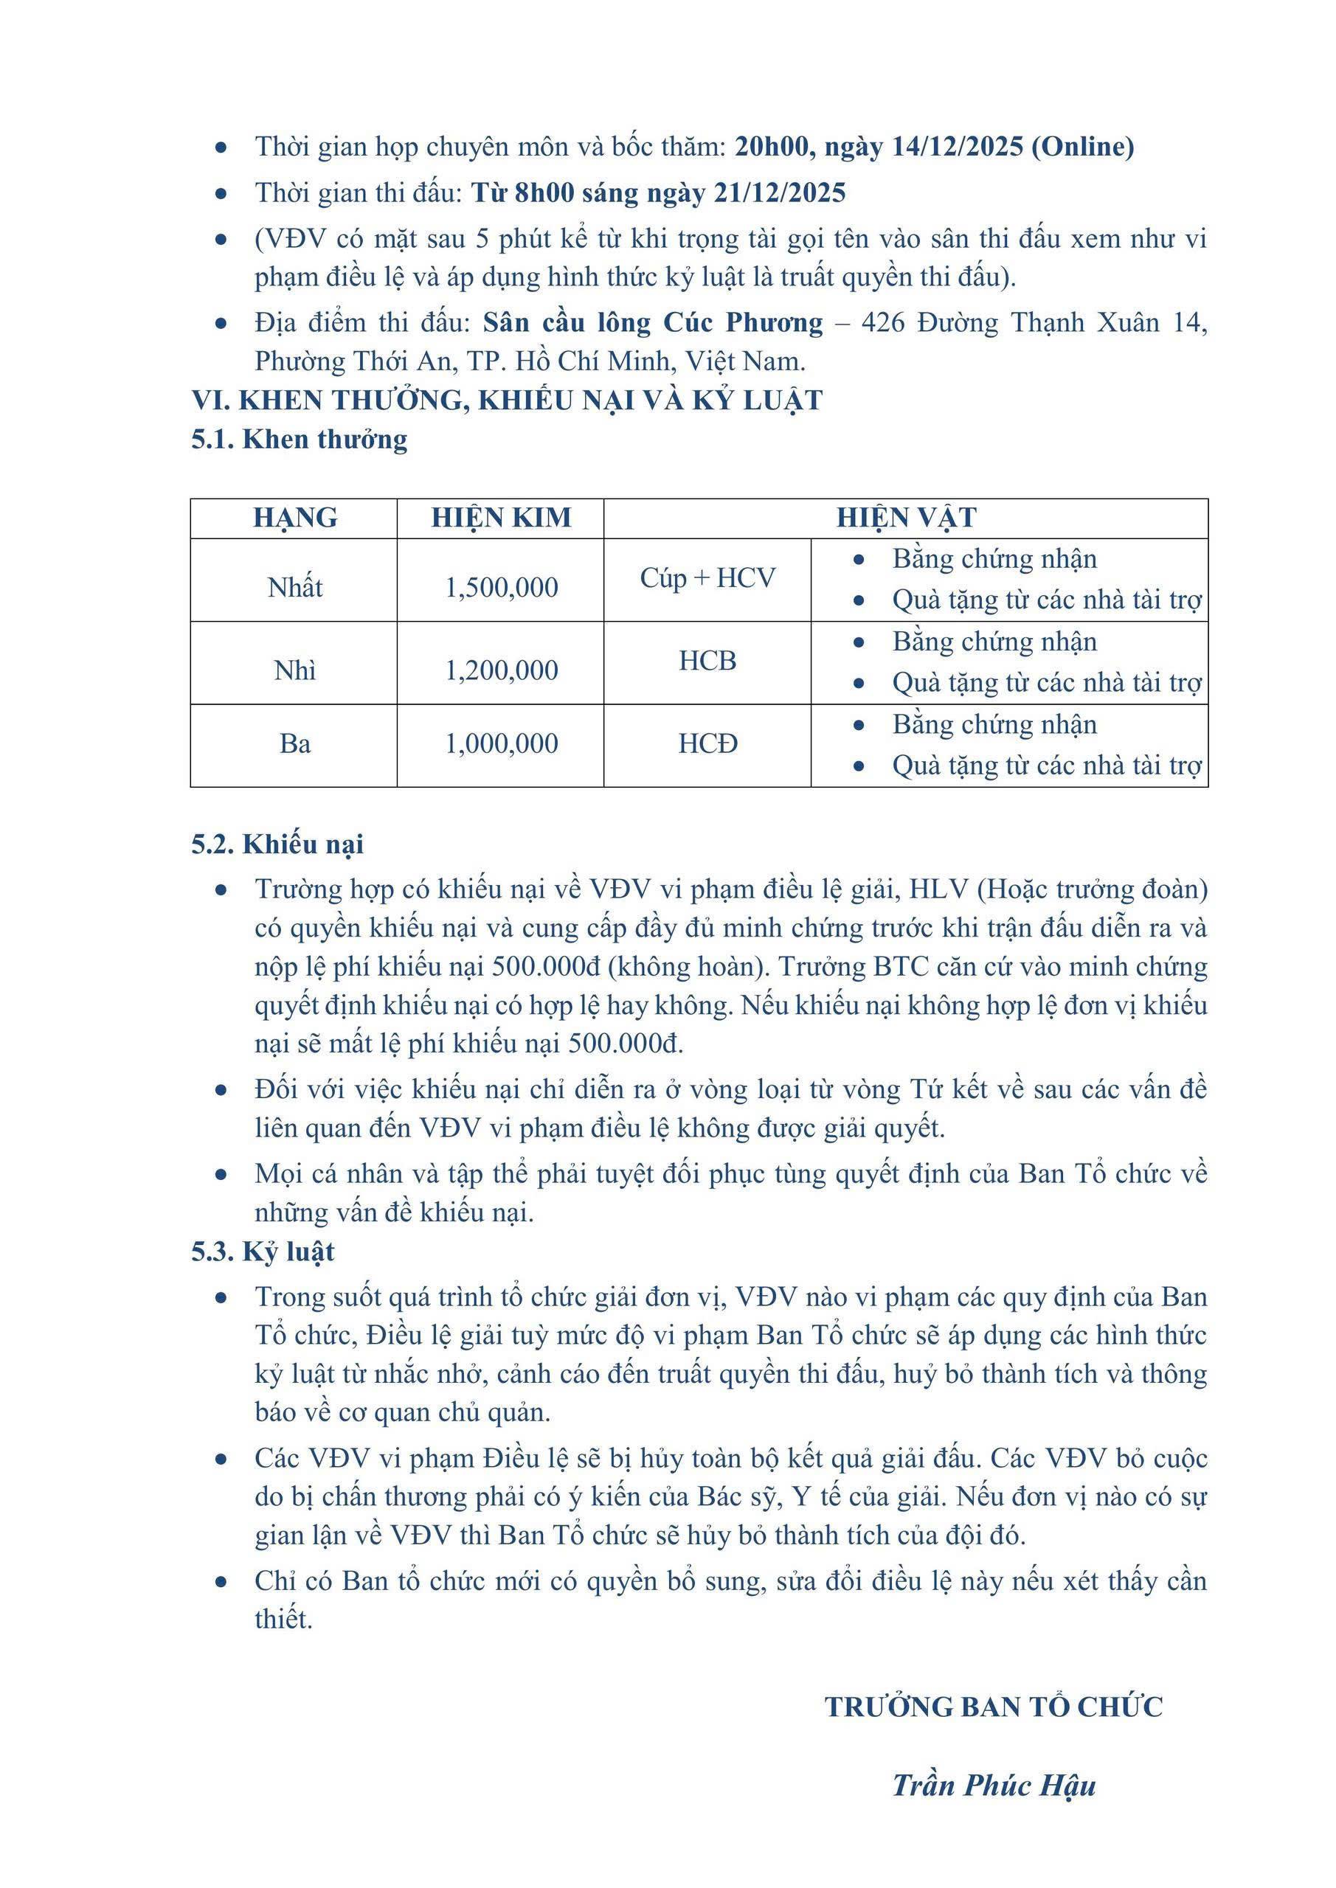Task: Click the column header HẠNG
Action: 294,518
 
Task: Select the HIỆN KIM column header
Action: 501,518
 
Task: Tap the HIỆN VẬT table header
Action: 906,518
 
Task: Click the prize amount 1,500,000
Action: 501,587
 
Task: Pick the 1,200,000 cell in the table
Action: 501,670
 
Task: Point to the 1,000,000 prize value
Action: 501,743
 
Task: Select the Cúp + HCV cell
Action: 707,578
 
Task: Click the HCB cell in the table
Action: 707,661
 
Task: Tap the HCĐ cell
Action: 707,743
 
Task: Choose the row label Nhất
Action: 294,587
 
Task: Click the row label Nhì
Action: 294,670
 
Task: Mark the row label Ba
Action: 294,743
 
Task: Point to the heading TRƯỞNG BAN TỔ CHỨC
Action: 994,1707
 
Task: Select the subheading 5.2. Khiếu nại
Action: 277,844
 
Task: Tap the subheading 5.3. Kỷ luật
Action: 263,1252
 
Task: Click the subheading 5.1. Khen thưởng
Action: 300,439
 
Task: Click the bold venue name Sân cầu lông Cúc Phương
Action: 652,322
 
